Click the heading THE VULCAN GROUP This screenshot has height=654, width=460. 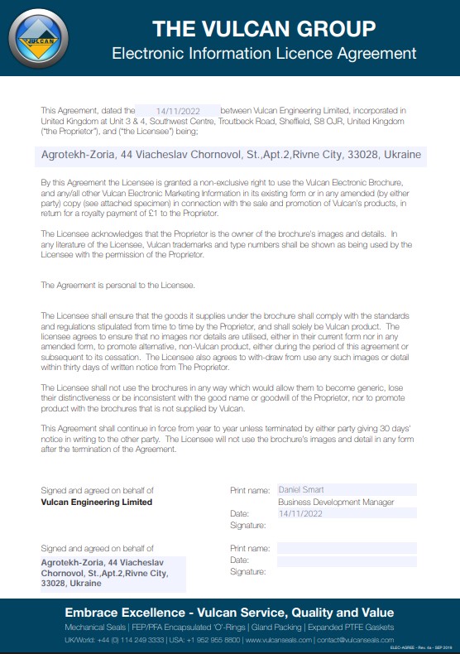tap(264, 30)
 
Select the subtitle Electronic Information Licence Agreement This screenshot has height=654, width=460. tap(264, 54)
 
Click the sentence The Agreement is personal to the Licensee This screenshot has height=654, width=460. tap(117, 285)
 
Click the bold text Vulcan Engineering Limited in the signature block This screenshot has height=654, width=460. tap(96, 502)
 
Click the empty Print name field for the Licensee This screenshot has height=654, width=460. tap(347, 548)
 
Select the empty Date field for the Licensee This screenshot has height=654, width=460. tap(347, 560)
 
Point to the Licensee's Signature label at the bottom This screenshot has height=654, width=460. tap(248, 572)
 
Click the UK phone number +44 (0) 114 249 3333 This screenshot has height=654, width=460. tap(117, 640)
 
